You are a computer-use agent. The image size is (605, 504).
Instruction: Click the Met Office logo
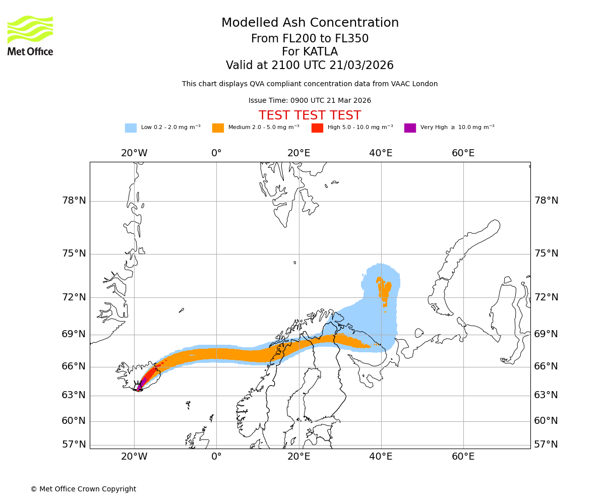(30, 35)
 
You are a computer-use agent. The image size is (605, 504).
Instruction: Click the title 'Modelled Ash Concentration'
(310, 23)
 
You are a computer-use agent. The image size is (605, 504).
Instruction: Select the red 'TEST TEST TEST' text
(310, 115)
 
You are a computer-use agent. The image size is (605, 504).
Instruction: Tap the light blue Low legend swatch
(131, 128)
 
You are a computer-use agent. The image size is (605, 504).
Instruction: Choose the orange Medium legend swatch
(218, 128)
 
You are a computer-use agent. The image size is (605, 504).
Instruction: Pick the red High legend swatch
(317, 128)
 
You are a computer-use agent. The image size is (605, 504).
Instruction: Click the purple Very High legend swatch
(410, 128)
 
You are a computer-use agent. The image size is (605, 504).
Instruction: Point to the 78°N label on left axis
(74, 201)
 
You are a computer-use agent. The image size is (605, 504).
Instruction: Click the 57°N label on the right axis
(546, 444)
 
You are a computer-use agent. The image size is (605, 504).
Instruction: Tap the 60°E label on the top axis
(463, 153)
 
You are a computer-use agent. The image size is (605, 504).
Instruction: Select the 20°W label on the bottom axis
(134, 457)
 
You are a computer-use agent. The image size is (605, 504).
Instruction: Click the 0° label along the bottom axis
(216, 457)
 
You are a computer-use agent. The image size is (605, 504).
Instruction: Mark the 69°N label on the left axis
(74, 334)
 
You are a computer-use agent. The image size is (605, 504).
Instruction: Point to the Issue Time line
(310, 100)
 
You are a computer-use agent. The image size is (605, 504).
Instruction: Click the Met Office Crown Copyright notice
(83, 489)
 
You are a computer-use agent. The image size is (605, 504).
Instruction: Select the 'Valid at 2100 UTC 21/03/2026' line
(310, 65)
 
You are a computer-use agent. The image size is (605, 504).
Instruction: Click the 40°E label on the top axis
(381, 153)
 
